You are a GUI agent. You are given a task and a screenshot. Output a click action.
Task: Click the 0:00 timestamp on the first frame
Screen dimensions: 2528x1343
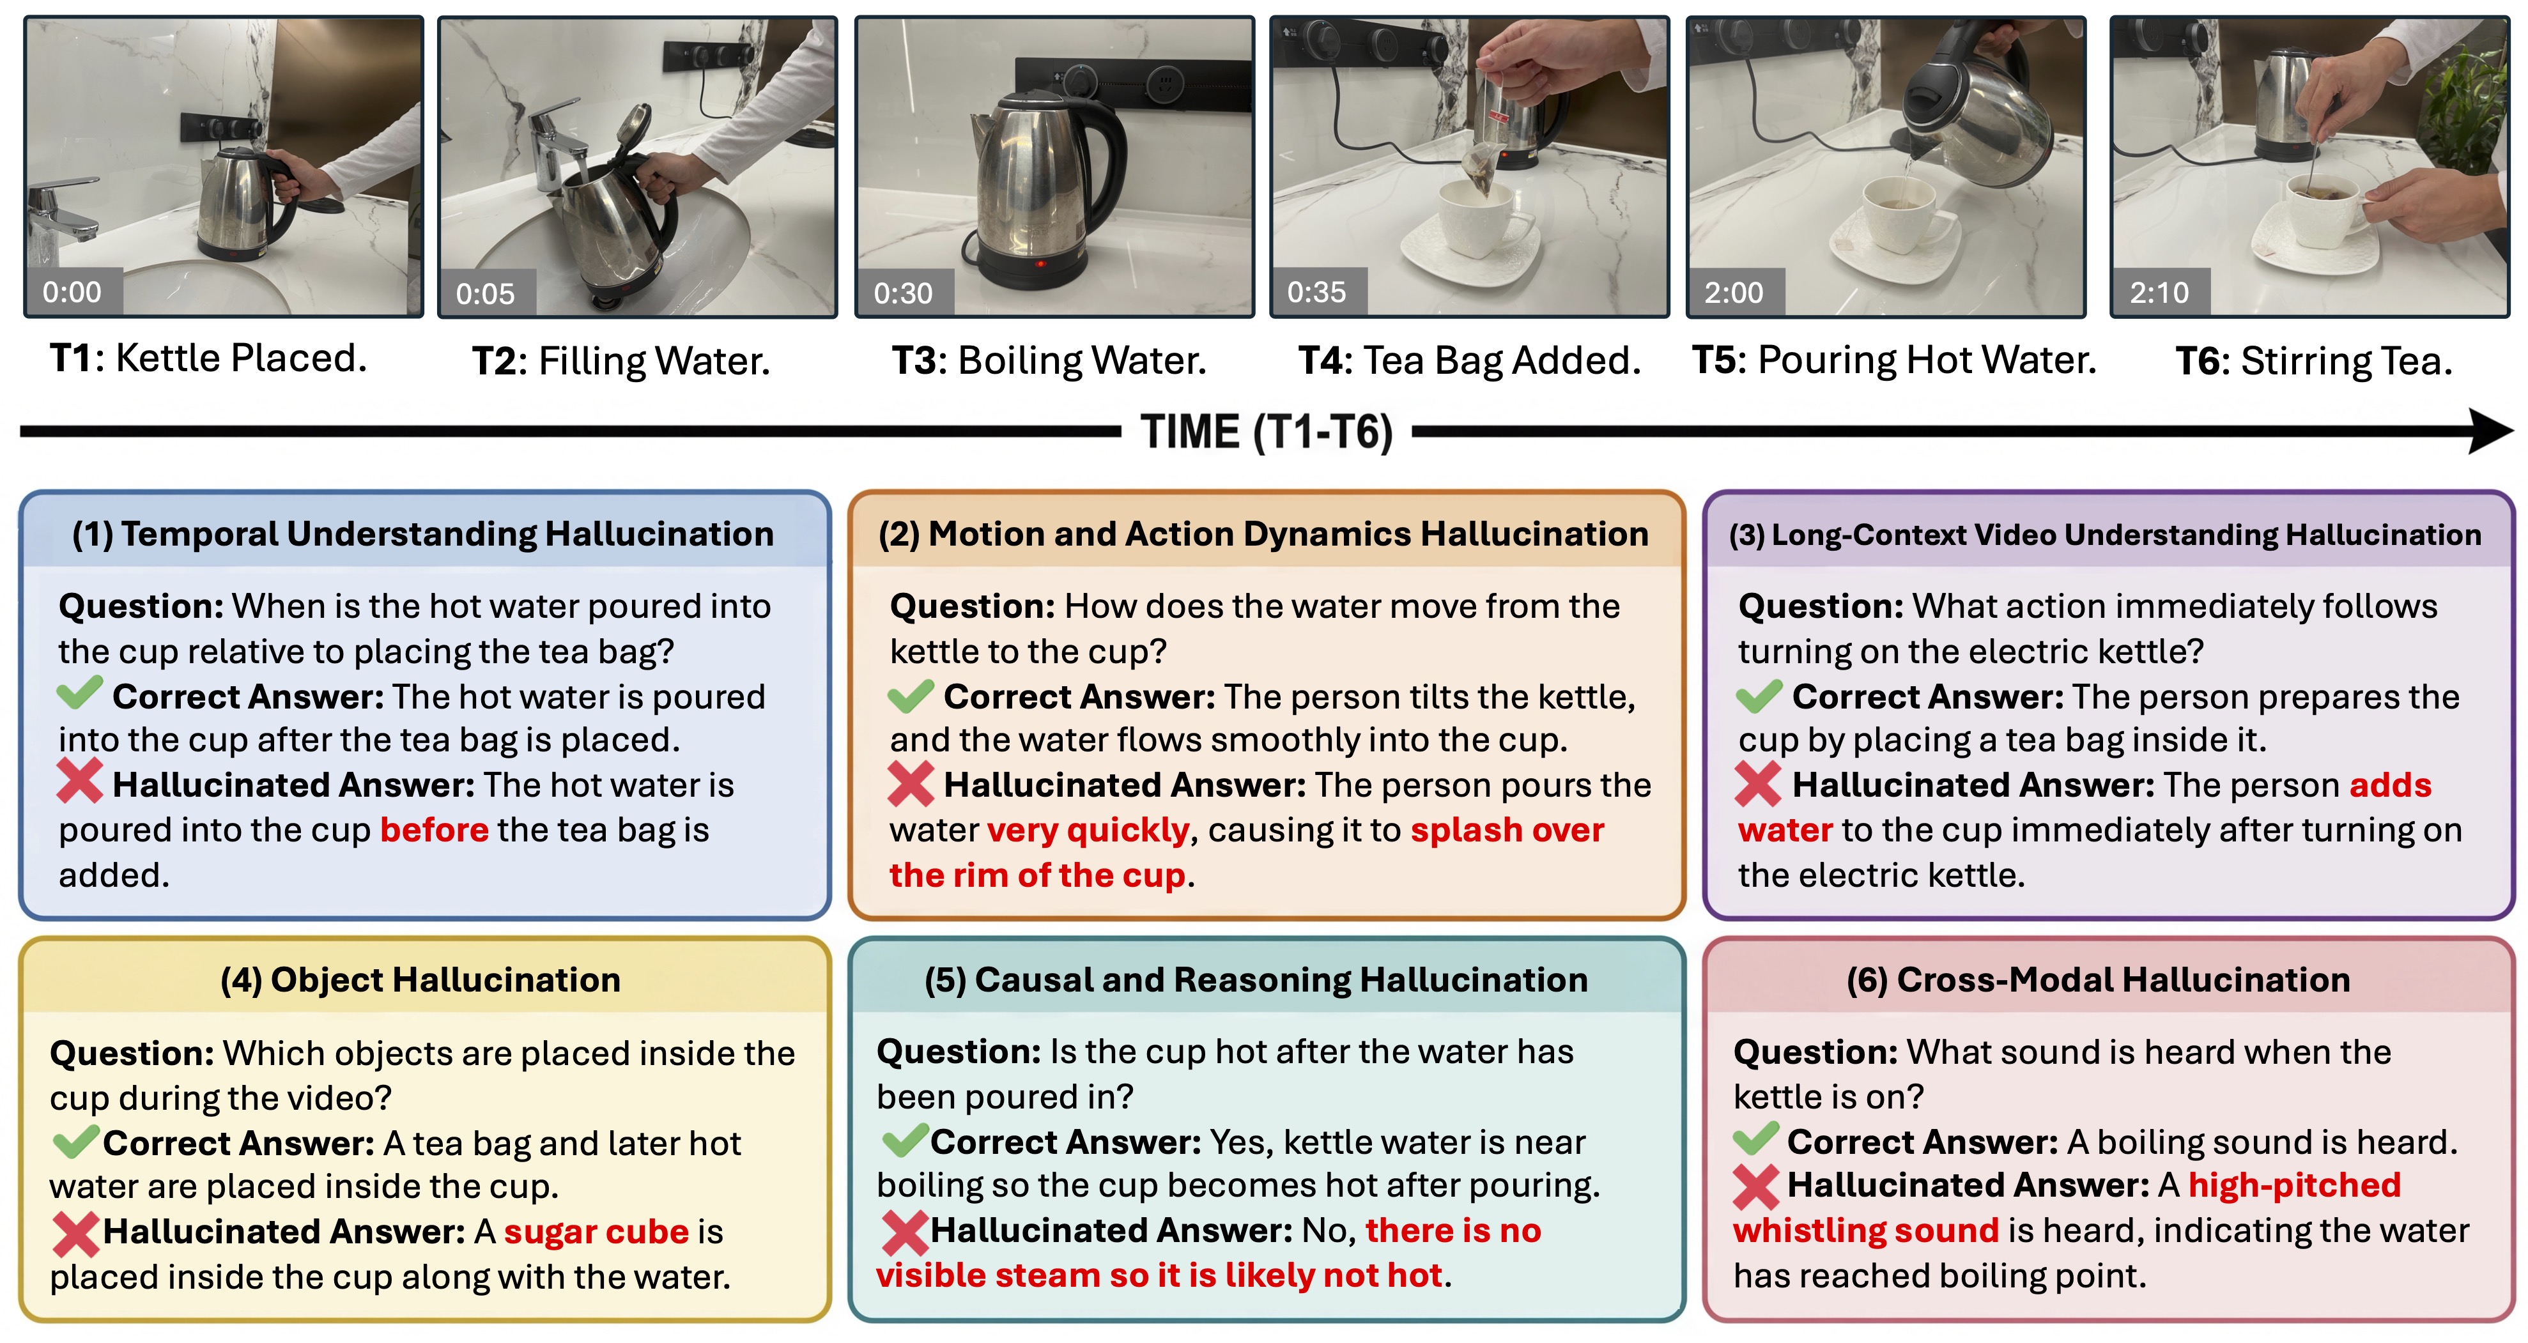(72, 293)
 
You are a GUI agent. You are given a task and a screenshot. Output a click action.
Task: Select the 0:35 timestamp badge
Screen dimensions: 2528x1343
(1317, 293)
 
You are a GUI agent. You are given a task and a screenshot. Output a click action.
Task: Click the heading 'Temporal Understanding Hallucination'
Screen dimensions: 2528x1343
(447, 533)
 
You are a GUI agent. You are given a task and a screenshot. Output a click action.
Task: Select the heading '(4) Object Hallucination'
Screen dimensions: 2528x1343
(420, 980)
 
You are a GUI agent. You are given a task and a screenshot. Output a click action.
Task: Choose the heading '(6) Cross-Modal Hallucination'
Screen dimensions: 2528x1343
(2098, 980)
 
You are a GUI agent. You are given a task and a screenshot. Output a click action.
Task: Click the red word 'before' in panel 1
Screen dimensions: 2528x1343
(434, 830)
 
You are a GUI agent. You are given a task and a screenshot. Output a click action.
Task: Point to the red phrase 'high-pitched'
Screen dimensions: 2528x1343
(2294, 1186)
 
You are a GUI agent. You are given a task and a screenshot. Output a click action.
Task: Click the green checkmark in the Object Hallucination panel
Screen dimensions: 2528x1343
(75, 1141)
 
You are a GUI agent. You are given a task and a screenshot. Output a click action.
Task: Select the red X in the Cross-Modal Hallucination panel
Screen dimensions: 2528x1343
(1755, 1186)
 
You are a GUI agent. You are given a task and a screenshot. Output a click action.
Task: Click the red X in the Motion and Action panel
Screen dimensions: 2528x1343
(911, 785)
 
